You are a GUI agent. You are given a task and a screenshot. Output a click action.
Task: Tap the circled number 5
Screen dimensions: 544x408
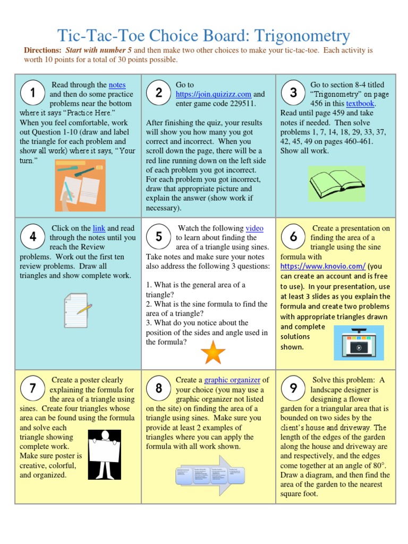(159, 236)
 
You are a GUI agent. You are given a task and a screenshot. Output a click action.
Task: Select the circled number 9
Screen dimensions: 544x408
(293, 388)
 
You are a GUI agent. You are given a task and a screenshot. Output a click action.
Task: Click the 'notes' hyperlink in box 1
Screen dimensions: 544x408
(117, 84)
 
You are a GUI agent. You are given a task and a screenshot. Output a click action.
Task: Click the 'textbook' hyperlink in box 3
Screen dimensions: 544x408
(360, 104)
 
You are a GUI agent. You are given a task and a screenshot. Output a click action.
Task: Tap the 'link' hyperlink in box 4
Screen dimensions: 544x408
(99, 228)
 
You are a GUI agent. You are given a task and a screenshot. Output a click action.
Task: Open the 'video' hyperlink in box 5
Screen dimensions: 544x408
(254, 228)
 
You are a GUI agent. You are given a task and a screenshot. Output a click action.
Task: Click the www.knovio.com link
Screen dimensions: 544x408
(322, 266)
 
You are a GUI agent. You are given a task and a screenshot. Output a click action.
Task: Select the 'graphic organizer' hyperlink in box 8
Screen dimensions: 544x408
(232, 380)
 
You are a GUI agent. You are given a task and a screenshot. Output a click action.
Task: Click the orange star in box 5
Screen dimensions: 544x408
(213, 353)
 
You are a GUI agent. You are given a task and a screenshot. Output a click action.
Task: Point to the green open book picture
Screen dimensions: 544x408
(336, 183)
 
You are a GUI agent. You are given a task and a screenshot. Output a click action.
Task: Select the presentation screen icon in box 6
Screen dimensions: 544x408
(359, 342)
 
